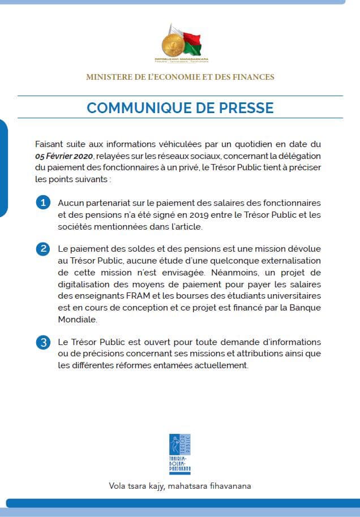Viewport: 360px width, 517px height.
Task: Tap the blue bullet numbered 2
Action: click(x=42, y=249)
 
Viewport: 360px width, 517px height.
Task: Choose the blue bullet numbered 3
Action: click(x=42, y=342)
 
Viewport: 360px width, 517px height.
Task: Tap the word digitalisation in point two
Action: click(x=84, y=285)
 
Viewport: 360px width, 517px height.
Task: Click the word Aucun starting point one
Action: click(x=70, y=203)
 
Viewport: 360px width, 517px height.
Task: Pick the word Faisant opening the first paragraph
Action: click(x=50, y=144)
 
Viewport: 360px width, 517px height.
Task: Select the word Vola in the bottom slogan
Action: click(x=118, y=486)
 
